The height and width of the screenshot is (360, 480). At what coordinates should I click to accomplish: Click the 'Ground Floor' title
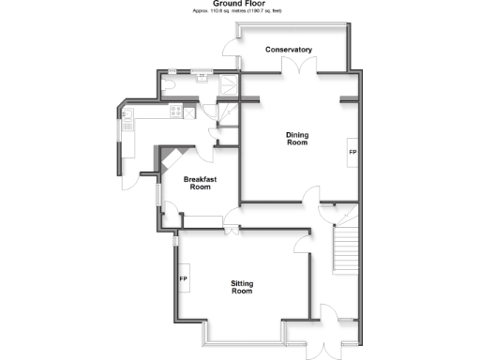[239, 4]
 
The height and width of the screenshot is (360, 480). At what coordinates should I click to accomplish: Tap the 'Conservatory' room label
[289, 50]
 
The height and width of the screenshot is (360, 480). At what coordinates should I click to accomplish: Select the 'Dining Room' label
[297, 139]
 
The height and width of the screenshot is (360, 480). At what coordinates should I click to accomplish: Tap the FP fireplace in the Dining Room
[352, 152]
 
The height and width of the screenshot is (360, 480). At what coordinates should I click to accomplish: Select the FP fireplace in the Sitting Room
[184, 279]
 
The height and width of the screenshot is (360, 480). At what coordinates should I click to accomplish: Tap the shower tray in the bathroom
[230, 85]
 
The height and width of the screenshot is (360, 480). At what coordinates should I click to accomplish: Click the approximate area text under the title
[239, 11]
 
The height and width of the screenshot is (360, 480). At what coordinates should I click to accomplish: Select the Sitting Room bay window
[243, 336]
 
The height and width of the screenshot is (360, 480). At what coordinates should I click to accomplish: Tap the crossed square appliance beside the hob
[190, 112]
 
